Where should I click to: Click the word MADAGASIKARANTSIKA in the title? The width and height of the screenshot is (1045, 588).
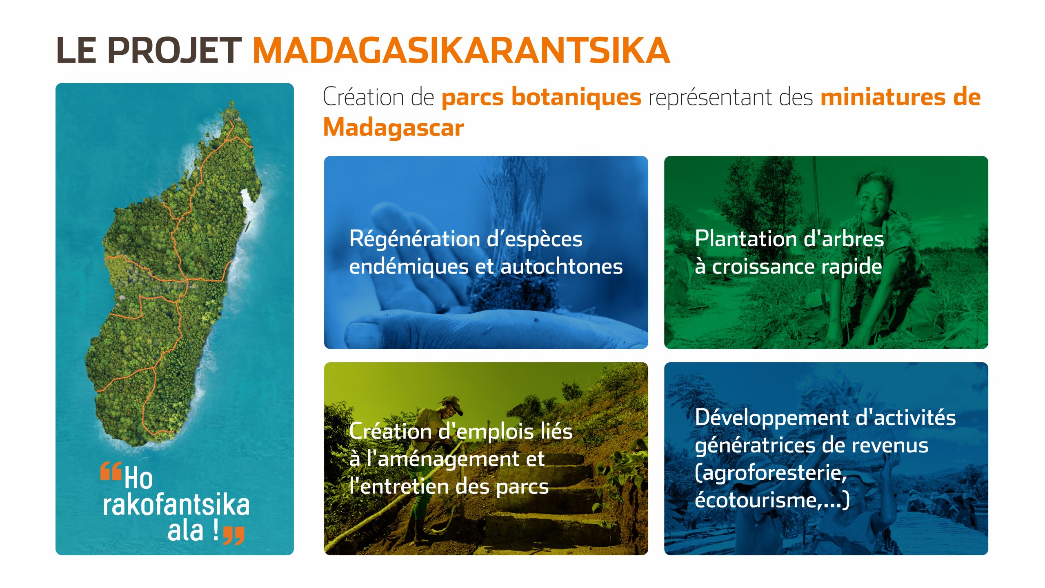coord(461,50)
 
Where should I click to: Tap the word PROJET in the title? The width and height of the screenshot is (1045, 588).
coord(174,50)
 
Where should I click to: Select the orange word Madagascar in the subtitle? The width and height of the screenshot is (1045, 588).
coord(394,127)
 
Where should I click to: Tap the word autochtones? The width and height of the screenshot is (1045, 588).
coord(561,267)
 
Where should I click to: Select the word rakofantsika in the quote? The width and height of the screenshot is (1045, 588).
coord(176,505)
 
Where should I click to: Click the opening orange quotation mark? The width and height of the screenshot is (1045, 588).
coord(111,470)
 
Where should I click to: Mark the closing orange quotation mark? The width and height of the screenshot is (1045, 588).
coord(234,536)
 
